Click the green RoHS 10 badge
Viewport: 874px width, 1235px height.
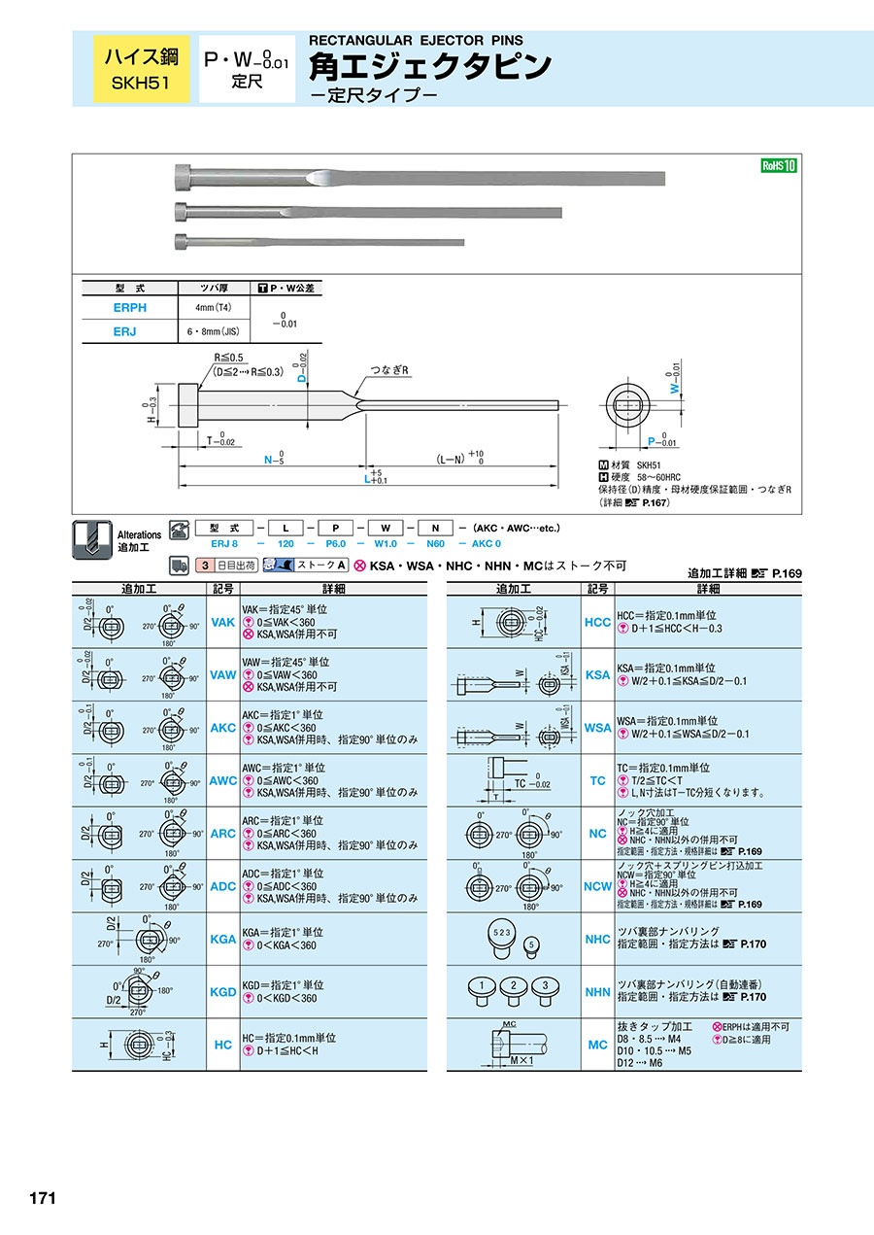[x=778, y=166]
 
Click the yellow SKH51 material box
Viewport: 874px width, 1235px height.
[x=140, y=68]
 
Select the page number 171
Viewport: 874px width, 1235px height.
[x=42, y=1198]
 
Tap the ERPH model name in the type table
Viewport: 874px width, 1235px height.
[x=130, y=307]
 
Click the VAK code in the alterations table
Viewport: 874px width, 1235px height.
[x=222, y=622]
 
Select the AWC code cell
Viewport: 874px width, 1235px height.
[x=222, y=780]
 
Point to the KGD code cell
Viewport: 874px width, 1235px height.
[x=222, y=992]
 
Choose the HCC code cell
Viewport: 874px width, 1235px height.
[x=598, y=622]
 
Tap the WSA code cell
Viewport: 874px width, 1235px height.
[x=598, y=728]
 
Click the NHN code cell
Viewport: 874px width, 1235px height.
[x=598, y=992]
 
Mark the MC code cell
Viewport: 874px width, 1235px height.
[x=598, y=1045]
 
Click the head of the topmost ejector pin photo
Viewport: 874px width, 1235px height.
[x=185, y=177]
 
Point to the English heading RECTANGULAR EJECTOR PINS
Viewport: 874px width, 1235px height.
[x=416, y=41]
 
